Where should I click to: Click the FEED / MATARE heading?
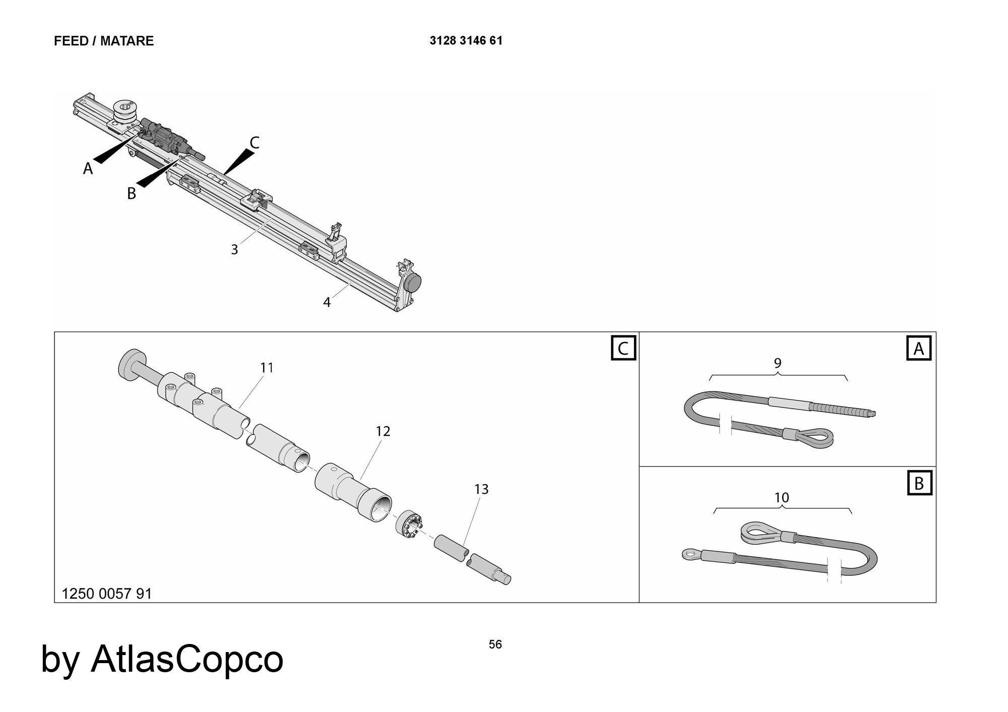[x=104, y=41]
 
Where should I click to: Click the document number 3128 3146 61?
[x=466, y=41]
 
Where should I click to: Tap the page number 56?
[x=495, y=644]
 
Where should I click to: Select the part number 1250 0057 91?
[x=106, y=594]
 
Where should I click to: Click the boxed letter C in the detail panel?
[x=623, y=349]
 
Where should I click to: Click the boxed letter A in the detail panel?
[x=919, y=349]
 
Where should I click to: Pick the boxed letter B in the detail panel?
[x=919, y=483]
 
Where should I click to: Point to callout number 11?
[x=267, y=368]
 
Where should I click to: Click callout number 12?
[x=383, y=431]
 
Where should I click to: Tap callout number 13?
[x=481, y=489]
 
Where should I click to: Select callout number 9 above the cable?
[x=778, y=363]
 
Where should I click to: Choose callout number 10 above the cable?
[x=782, y=498]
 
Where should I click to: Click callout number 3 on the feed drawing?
[x=234, y=249]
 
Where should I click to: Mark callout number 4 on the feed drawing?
[x=327, y=302]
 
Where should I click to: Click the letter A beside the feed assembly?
[x=88, y=169]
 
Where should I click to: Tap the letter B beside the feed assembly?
[x=132, y=193]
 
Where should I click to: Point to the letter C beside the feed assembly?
[x=255, y=143]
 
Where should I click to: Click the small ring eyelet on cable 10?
[x=690, y=555]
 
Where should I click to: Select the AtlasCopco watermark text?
[x=162, y=659]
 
